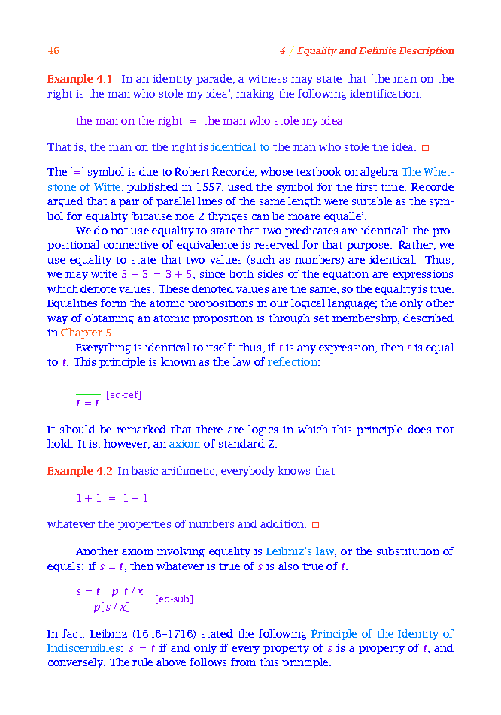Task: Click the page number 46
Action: [53, 51]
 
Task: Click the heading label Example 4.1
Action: [80, 79]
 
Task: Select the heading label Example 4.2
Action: [80, 471]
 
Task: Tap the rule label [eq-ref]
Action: [124, 395]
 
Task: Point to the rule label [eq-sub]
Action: [174, 599]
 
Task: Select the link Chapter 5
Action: [87, 333]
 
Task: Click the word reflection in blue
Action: [293, 362]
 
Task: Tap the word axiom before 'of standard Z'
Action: [184, 444]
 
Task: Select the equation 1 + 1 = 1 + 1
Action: [112, 498]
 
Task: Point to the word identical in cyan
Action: [234, 147]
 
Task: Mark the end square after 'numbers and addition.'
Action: [316, 524]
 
